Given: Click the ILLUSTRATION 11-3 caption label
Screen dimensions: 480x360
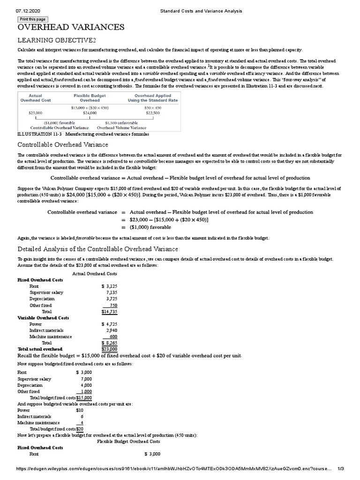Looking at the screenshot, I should [x=39, y=134].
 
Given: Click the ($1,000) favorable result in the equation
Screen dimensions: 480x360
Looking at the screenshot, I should [x=150, y=227].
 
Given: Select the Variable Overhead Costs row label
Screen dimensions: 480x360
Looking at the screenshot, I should [x=43, y=317].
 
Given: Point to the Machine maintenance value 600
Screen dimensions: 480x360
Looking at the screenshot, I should [x=113, y=336].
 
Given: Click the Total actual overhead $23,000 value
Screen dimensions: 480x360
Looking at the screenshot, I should [x=109, y=349].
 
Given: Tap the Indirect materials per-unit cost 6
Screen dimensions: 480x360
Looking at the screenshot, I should [x=82, y=416].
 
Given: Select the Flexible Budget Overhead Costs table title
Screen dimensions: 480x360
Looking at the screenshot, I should [x=128, y=441].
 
